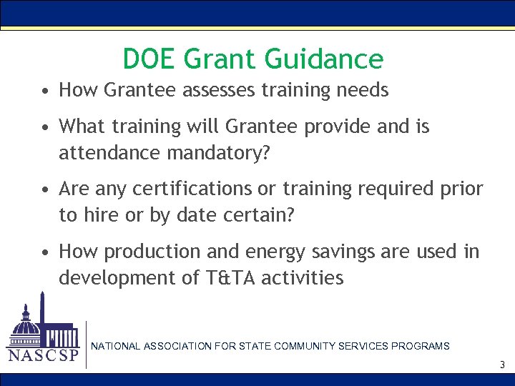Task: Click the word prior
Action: click(x=460, y=189)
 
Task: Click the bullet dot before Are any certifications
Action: click(x=45, y=190)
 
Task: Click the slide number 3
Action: click(x=502, y=365)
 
